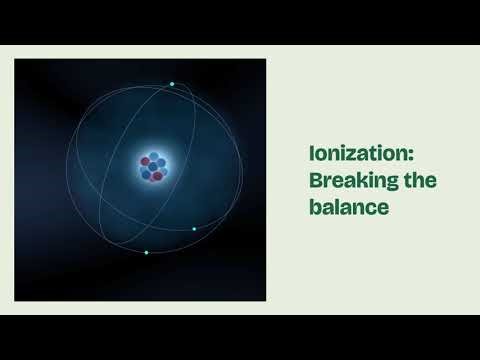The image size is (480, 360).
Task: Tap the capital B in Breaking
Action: coord(314,182)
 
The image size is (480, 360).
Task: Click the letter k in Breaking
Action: coord(359,182)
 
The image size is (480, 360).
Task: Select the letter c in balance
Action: coord(370,211)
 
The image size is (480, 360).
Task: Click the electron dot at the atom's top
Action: coord(172,83)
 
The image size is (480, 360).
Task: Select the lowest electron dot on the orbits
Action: coord(146,252)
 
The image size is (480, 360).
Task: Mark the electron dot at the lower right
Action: coord(194,228)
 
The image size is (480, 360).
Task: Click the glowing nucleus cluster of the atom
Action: coord(152,168)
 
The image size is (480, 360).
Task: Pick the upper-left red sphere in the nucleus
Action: coord(144,160)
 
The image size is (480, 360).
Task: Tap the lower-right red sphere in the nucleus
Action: coord(160,177)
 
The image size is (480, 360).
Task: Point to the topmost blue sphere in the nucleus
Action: coord(153,156)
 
